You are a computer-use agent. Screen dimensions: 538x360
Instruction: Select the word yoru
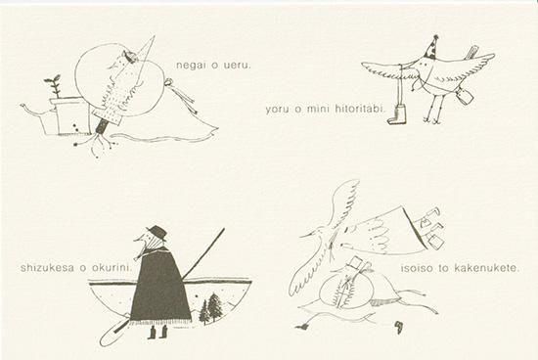[x=276, y=110]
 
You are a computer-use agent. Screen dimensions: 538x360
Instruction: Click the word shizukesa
[x=47, y=268]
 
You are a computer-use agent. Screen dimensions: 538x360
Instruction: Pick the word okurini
[x=112, y=268]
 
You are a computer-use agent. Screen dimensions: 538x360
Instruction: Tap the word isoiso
[x=417, y=268]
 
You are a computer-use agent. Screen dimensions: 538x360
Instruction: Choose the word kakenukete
[x=486, y=268]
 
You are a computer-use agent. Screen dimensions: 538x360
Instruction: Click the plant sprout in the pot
[x=54, y=86]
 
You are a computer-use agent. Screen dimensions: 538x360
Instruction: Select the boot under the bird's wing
[x=398, y=114]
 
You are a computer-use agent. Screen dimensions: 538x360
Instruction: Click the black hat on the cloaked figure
[x=157, y=232]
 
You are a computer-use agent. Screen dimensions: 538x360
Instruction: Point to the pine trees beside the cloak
[x=210, y=308]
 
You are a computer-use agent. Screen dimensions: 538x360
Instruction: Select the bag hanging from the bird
[x=466, y=95]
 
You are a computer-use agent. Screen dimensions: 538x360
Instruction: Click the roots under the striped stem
[x=98, y=144]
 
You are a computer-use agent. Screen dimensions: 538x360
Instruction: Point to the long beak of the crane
[x=312, y=235]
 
